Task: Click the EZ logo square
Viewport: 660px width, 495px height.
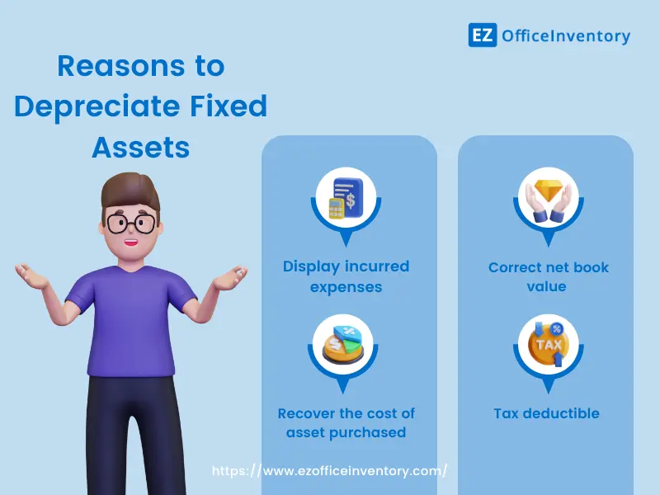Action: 483,35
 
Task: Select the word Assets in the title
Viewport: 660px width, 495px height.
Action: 141,147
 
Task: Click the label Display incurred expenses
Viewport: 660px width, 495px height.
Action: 346,276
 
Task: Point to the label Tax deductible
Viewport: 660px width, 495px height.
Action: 546,413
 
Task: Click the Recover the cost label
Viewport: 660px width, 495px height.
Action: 346,422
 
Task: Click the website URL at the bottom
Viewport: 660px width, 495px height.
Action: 330,470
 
